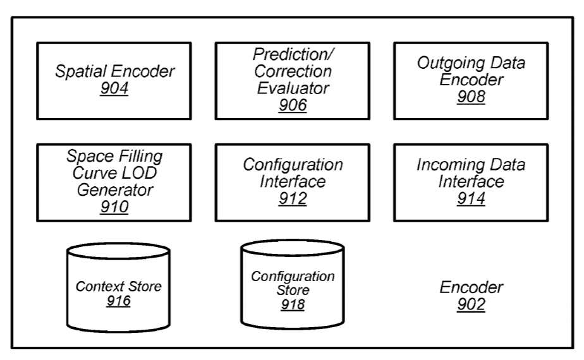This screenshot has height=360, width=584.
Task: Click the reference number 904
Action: (114, 89)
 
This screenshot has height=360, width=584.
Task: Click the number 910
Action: (114, 206)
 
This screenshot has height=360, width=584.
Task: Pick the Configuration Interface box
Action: (292, 182)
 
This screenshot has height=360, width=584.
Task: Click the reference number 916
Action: (118, 301)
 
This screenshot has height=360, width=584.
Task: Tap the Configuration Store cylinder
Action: (292, 284)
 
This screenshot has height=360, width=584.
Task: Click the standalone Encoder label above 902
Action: (471, 287)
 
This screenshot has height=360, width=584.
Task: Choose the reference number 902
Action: (471, 304)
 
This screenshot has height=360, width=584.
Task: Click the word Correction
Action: (292, 71)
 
